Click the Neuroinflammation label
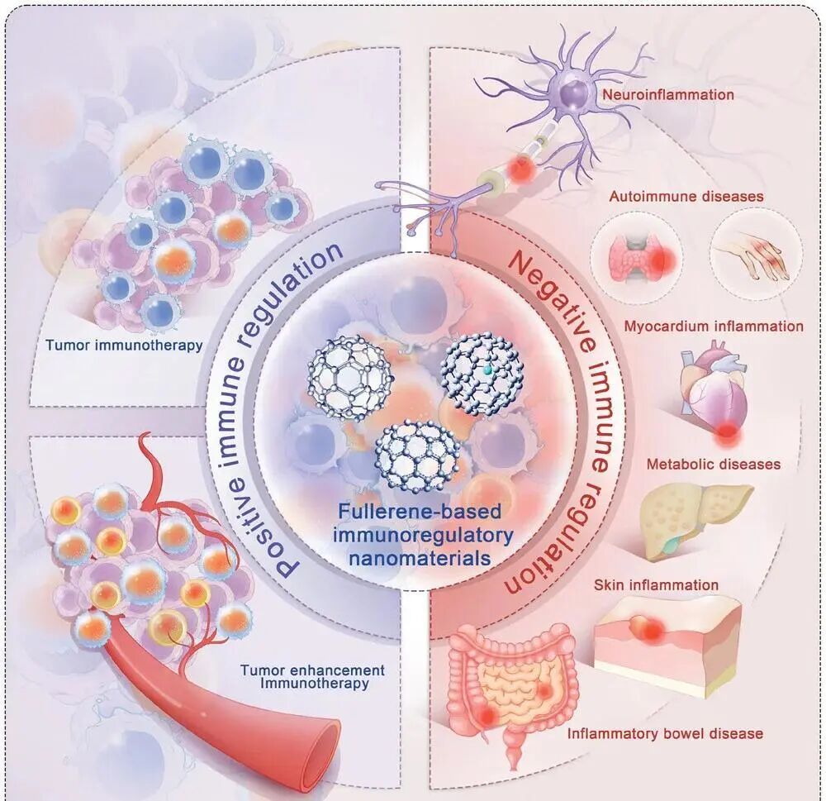668,95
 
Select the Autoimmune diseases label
686,197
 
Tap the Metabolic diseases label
713,464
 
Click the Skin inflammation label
656,585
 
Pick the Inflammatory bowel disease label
664,733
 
